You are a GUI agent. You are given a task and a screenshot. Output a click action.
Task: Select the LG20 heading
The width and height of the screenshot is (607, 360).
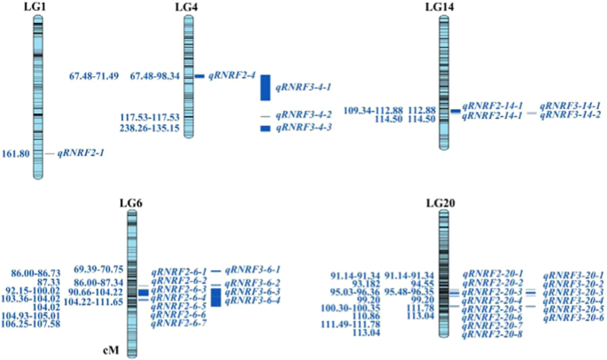coord(440,203)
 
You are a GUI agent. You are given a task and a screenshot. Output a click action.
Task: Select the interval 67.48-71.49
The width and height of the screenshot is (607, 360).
coord(94,76)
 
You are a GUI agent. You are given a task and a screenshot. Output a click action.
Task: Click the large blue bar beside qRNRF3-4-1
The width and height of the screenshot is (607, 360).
coord(265,88)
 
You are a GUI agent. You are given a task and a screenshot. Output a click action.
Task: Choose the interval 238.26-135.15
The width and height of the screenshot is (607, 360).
coord(150,129)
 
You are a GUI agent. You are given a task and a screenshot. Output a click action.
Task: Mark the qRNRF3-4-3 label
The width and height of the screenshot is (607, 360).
coord(304,129)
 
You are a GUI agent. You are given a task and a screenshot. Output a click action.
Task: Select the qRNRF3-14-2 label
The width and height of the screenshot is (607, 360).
coord(570,115)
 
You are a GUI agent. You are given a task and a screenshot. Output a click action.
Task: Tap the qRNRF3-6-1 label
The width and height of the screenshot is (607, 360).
coord(252,269)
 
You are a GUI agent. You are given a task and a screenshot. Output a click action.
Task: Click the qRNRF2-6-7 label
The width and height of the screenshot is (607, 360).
coord(179,324)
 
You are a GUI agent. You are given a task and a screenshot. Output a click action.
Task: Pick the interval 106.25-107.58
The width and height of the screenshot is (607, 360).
coord(31,324)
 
